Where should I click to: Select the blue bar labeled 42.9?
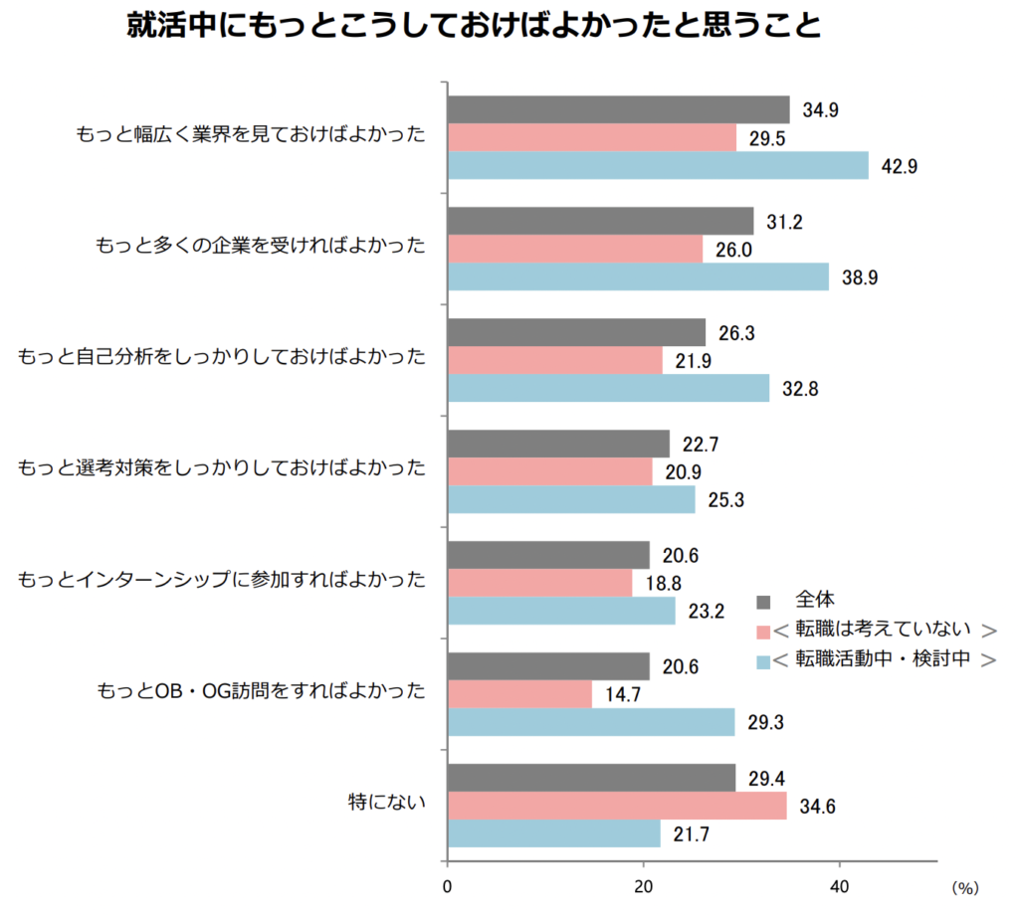click(658, 165)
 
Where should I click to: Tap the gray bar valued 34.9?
click(618, 109)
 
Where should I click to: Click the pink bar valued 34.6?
click(617, 806)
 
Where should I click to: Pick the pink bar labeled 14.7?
click(519, 694)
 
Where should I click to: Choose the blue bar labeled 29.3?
click(591, 722)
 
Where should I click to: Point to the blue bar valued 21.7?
click(553, 833)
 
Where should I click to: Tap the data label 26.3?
click(735, 333)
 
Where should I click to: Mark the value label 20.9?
click(683, 472)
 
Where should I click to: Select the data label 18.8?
click(663, 584)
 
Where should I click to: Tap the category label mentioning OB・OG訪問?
click(261, 688)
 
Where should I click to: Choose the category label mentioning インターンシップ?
click(222, 577)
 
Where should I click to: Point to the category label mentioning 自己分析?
click(222, 355)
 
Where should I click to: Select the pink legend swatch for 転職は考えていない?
click(763, 631)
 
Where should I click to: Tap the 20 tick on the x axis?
click(643, 884)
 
